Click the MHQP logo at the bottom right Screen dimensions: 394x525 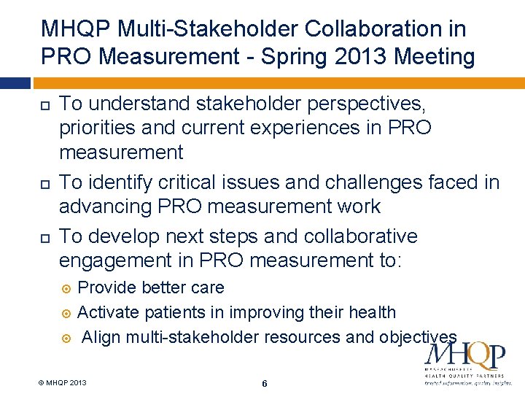tap(464, 362)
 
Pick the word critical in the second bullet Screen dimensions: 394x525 tap(208, 182)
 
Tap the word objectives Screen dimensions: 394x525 tap(418, 337)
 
